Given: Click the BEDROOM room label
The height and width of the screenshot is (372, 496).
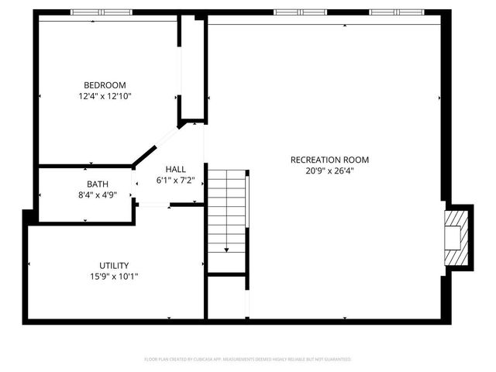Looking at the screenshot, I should point(105,85).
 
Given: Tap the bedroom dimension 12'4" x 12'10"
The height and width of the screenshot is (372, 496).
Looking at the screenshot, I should point(105,97).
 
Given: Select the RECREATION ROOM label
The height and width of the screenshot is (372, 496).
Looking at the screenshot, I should point(329,160).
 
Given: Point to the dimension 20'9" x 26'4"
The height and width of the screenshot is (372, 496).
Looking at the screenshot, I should point(329,171).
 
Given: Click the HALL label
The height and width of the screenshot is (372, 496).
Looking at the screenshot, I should point(175,169).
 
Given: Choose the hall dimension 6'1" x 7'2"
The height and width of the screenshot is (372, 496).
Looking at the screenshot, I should point(180,181).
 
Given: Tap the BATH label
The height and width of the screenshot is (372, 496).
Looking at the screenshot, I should point(98,184).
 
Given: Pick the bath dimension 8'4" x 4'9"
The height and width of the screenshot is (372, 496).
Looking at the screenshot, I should point(98,196).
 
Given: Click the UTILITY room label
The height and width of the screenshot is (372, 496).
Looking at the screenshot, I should point(114,265).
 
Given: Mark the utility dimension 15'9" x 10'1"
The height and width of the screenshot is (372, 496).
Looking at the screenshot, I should point(114,277).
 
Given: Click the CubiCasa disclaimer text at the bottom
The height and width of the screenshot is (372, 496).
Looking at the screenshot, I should point(248,360).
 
